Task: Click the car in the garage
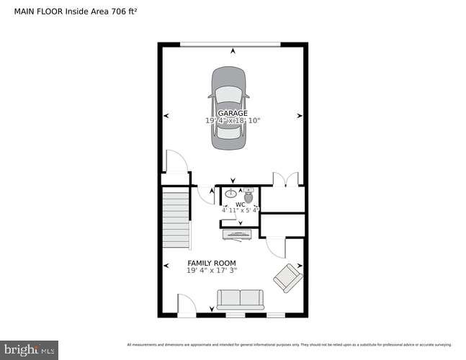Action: pyautogui.click(x=228, y=108)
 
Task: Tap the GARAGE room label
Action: pyautogui.click(x=233, y=113)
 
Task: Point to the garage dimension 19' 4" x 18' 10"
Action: pyautogui.click(x=233, y=121)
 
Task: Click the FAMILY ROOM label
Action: pyautogui.click(x=212, y=263)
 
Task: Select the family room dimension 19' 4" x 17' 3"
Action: pyautogui.click(x=212, y=271)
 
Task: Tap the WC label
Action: pyautogui.click(x=241, y=204)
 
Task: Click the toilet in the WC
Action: pyautogui.click(x=248, y=194)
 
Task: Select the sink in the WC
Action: pyautogui.click(x=231, y=193)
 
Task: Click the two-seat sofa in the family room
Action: pyautogui.click(x=241, y=300)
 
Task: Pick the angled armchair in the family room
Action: pyautogui.click(x=287, y=278)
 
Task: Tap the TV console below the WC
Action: pyautogui.click(x=236, y=232)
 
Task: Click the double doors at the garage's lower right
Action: pyautogui.click(x=286, y=179)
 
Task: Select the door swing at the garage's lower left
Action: pyautogui.click(x=175, y=161)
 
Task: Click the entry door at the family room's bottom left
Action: pyautogui.click(x=186, y=305)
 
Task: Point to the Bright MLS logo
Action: pyautogui.click(x=29, y=350)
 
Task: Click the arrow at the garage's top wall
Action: pyautogui.click(x=233, y=50)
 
